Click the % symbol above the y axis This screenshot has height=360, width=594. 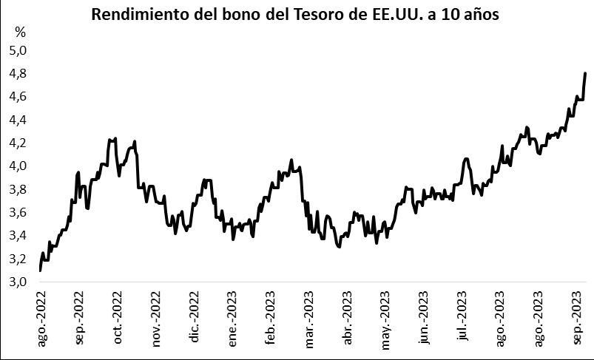click(x=20, y=33)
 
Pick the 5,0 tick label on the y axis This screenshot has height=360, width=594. click(x=18, y=50)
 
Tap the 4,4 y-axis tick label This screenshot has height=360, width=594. click(x=18, y=120)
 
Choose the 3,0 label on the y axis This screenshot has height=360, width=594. click(x=18, y=282)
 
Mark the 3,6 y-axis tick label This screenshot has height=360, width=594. click(x=18, y=212)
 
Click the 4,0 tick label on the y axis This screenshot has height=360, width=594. click(x=18, y=166)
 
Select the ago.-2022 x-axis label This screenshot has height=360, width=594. click(x=41, y=319)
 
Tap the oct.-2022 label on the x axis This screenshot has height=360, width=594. click(x=118, y=319)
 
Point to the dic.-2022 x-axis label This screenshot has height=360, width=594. click(x=195, y=319)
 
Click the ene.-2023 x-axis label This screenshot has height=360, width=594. click(x=234, y=319)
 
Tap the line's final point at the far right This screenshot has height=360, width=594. click(x=585, y=73)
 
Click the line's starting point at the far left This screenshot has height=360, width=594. click(x=40, y=271)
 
